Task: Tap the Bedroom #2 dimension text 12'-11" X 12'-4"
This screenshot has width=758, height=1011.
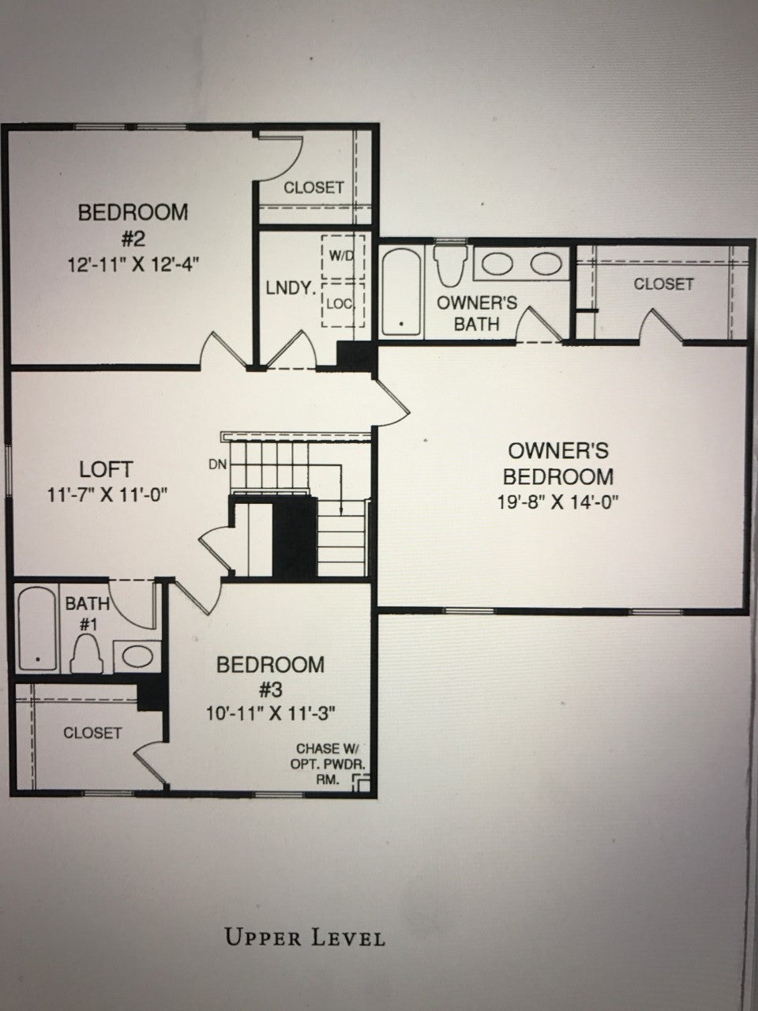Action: coord(133,265)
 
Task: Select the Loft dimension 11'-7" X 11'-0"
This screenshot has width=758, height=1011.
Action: coord(107,496)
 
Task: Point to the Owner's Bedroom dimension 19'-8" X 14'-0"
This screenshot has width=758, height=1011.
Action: coord(557,502)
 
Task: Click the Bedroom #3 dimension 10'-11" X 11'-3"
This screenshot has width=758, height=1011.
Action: coord(271,713)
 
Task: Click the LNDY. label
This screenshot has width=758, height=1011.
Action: coord(291,288)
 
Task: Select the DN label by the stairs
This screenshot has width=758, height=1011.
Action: coord(218,464)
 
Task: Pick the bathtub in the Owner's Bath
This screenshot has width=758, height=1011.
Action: coord(402,292)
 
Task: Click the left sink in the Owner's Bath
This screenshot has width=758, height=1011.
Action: coord(496,265)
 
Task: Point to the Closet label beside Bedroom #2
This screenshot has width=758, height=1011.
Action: coord(314,187)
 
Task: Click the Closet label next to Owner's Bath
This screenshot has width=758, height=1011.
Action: coord(663,284)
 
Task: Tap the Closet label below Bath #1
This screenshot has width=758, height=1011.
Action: coord(92,733)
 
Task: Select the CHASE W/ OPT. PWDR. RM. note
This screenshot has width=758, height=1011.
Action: coord(327,764)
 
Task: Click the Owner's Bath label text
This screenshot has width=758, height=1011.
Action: coord(477,314)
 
